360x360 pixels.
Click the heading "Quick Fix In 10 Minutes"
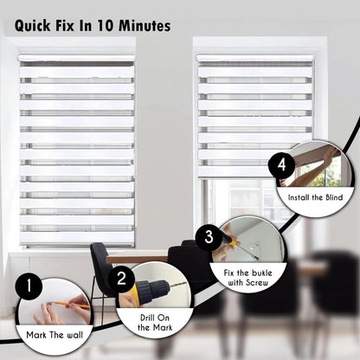click(x=92, y=27)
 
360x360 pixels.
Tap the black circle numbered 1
click(x=29, y=285)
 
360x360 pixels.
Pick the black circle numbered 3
click(x=209, y=235)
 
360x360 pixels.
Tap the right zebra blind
click(x=254, y=112)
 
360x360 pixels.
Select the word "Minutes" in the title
click(x=141, y=27)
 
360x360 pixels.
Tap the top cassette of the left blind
click(x=77, y=61)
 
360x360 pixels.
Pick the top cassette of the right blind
click(x=254, y=61)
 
